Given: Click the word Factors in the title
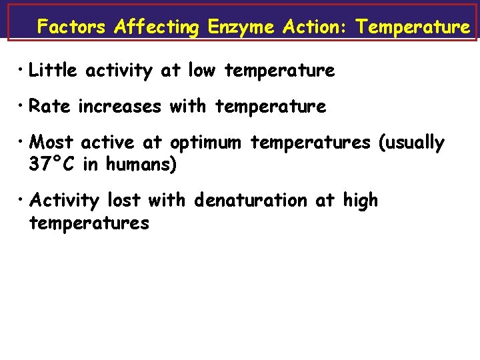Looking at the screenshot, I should (71, 27).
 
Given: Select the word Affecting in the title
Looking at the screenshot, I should (156, 27).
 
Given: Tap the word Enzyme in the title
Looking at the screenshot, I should (241, 27).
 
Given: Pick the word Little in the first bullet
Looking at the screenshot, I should (54, 71).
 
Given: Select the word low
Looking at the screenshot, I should (202, 71).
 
